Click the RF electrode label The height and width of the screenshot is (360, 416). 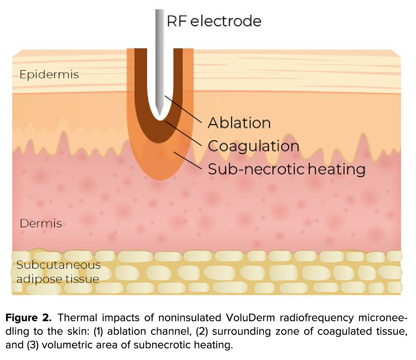[214, 21]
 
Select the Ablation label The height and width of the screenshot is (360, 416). [239, 123]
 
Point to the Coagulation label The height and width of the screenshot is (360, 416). [253, 146]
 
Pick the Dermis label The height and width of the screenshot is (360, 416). [41, 223]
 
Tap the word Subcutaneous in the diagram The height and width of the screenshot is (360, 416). [58, 265]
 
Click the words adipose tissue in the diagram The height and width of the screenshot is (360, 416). [58, 279]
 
